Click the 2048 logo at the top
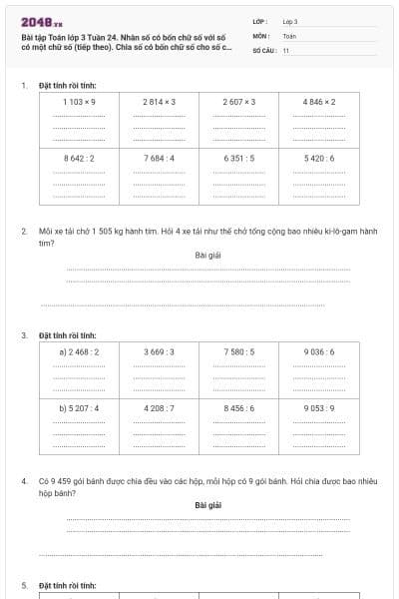(x=41, y=21)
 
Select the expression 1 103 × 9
(x=79, y=102)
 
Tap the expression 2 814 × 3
(x=160, y=102)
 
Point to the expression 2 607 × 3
(x=239, y=102)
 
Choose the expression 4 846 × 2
(x=319, y=102)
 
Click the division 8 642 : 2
(x=79, y=158)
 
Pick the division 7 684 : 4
(x=160, y=158)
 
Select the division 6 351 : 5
(x=239, y=158)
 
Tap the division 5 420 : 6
(x=319, y=158)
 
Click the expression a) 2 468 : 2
(x=79, y=351)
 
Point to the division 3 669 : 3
(x=160, y=351)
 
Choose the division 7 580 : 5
(x=239, y=351)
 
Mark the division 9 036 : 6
(x=319, y=351)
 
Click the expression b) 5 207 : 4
(x=79, y=407)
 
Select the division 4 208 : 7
(x=160, y=407)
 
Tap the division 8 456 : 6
(x=239, y=407)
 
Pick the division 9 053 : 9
(x=319, y=407)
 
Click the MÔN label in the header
(x=260, y=35)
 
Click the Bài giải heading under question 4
(x=207, y=505)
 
